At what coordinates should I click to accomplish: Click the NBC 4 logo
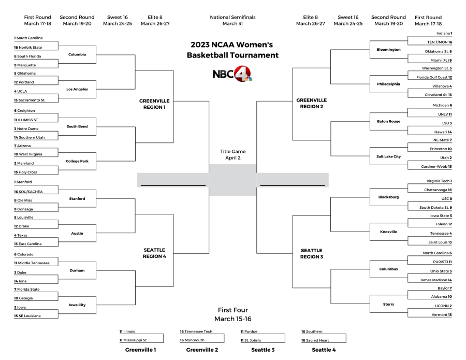[x=232, y=74]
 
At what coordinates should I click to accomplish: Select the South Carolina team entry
[x=29, y=38]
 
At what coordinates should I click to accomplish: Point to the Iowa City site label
[x=77, y=305]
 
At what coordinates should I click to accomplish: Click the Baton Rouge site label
[x=388, y=121]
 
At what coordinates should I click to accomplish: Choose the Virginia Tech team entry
[x=438, y=181]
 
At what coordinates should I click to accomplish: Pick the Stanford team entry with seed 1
[x=23, y=182]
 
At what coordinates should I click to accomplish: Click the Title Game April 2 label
[x=232, y=154]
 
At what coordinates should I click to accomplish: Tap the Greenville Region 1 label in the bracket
[x=155, y=104]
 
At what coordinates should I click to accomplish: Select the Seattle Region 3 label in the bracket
[x=311, y=253]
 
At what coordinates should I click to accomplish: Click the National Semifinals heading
[x=232, y=20]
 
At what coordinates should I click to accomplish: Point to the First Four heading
[x=232, y=314]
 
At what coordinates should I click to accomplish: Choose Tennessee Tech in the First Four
[x=198, y=332]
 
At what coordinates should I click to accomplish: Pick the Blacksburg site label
[x=388, y=197]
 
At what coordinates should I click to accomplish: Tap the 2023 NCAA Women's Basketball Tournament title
[x=232, y=50]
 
